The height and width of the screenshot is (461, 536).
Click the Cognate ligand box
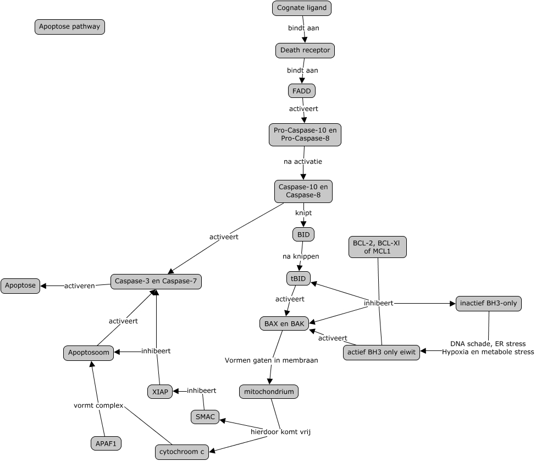tap(302, 8)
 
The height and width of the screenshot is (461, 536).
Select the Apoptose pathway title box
tap(70, 26)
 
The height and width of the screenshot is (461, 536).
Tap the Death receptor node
tap(305, 50)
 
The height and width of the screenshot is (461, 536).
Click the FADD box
tap(302, 90)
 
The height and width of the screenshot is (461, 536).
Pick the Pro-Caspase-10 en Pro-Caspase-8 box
tap(305, 135)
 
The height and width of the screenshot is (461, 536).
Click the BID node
tap(303, 234)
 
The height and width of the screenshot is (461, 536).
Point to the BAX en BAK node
tap(284, 323)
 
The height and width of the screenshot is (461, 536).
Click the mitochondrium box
tap(269, 392)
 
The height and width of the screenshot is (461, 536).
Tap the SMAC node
tap(205, 417)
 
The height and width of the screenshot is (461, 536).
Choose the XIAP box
tap(159, 392)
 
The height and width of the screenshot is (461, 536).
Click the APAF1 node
tap(106, 443)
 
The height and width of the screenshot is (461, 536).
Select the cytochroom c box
tap(182, 452)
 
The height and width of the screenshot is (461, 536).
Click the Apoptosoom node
tap(89, 353)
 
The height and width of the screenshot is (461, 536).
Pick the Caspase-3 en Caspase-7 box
tap(156, 281)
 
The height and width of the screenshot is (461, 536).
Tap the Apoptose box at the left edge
tap(20, 286)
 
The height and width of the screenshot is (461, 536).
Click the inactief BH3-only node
tap(488, 303)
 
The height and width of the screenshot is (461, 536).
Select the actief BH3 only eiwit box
tap(381, 353)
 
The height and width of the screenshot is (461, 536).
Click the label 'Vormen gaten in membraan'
tap(271, 360)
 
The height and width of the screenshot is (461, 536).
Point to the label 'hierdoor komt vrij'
tap(281, 432)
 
